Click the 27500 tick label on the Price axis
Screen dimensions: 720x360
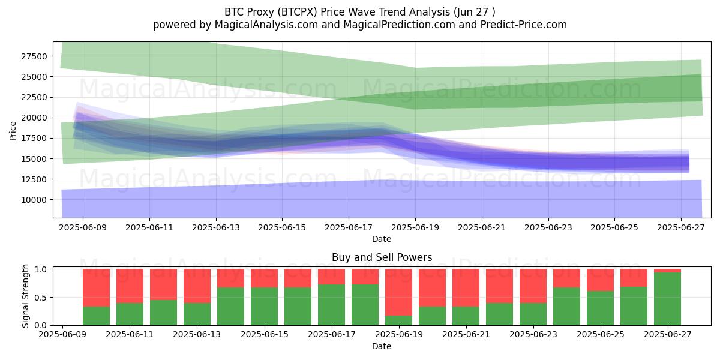(x=34, y=56)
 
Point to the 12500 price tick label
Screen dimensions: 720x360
(x=34, y=179)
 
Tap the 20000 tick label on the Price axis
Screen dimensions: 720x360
(x=34, y=118)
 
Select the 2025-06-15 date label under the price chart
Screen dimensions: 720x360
(x=282, y=227)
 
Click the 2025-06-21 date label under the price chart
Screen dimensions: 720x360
(x=481, y=227)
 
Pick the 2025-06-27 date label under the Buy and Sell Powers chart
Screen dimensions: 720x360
(x=668, y=334)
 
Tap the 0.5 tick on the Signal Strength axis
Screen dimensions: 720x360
(x=41, y=298)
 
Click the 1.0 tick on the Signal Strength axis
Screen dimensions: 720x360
(x=41, y=269)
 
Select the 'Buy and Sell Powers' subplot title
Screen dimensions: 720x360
(x=382, y=257)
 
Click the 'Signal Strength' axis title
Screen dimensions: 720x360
(x=25, y=296)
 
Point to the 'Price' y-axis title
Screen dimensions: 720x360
(x=13, y=131)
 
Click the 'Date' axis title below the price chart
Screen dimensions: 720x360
(x=382, y=239)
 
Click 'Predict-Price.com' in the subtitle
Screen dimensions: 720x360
(x=524, y=25)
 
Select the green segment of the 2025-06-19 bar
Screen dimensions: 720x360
(x=398, y=320)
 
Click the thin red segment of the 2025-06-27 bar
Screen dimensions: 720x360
(x=667, y=271)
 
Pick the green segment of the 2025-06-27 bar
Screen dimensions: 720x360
(x=667, y=299)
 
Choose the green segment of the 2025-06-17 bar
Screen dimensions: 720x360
(x=331, y=305)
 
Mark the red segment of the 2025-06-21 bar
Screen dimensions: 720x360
(x=466, y=288)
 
